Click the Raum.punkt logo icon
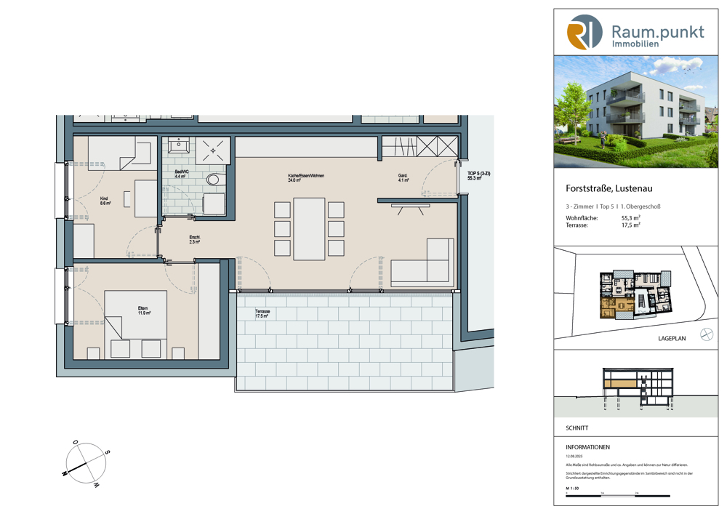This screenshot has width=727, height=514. tap(585, 32)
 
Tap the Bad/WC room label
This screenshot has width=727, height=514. tap(180, 172)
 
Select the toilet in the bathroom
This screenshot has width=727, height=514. tap(213, 179)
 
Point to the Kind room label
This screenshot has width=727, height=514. tap(105, 201)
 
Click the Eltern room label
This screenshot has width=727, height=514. tap(143, 310)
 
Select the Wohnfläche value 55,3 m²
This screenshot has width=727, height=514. tap(630, 217)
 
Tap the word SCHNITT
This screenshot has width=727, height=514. tap(577, 428)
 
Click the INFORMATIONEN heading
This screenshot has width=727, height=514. tap(587, 447)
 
